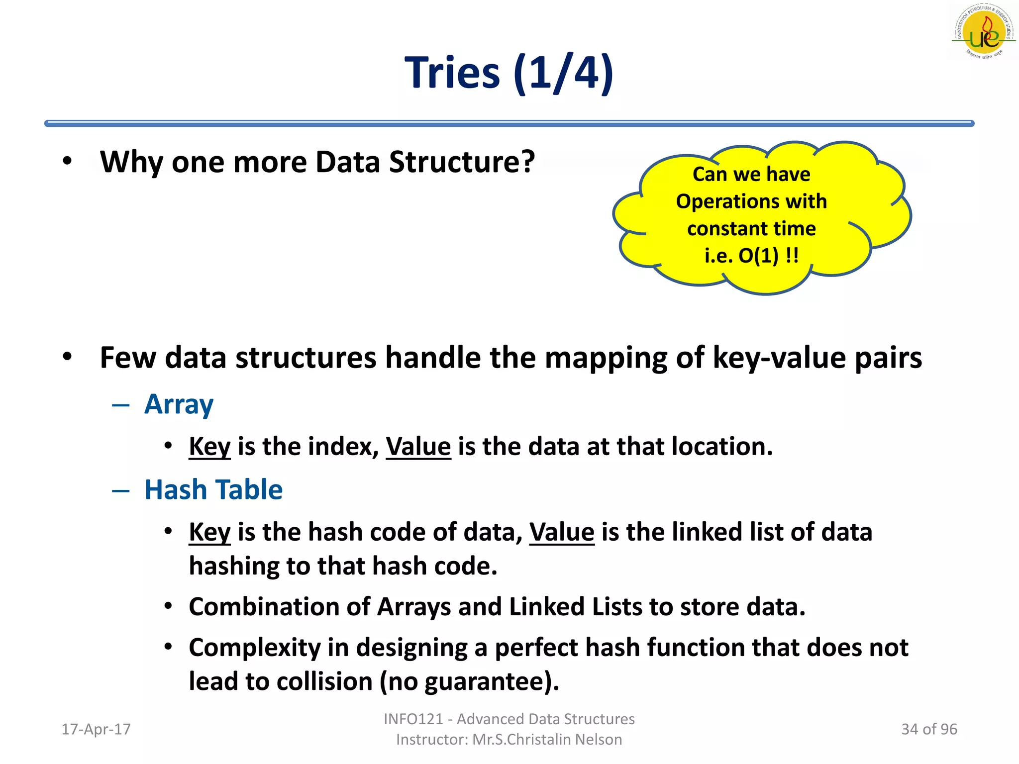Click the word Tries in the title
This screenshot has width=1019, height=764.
(x=452, y=73)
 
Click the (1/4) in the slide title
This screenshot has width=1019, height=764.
(x=564, y=73)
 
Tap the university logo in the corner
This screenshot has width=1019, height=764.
(x=983, y=32)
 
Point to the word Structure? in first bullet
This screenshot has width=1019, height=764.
(x=462, y=162)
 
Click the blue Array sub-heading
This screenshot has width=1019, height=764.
(x=179, y=404)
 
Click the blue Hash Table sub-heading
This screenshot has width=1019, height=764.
(x=213, y=489)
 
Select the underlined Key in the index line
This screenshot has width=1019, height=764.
(x=209, y=446)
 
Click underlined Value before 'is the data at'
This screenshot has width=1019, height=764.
(x=418, y=446)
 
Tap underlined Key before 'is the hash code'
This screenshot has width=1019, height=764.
(x=209, y=532)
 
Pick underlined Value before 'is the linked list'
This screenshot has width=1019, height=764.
(x=562, y=532)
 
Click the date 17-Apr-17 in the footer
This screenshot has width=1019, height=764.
(x=96, y=729)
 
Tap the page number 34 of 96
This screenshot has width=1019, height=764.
(x=929, y=729)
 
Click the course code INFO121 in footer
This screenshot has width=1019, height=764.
(x=413, y=719)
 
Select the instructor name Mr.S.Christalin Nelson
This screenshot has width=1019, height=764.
(x=547, y=740)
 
